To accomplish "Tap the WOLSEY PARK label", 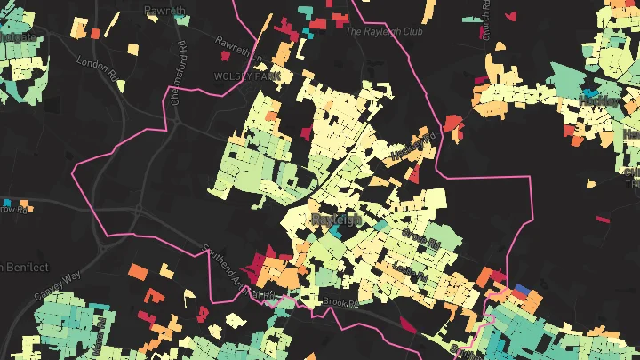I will pos(241,76).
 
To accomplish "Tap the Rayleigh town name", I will pos(337,219).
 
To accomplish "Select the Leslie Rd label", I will pos(410,270).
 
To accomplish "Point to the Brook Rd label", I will pos(340,303).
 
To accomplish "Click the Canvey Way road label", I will pos(59,284).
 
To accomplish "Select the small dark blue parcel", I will pos(522,290).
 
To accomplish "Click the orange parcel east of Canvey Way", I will pos(137,269).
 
